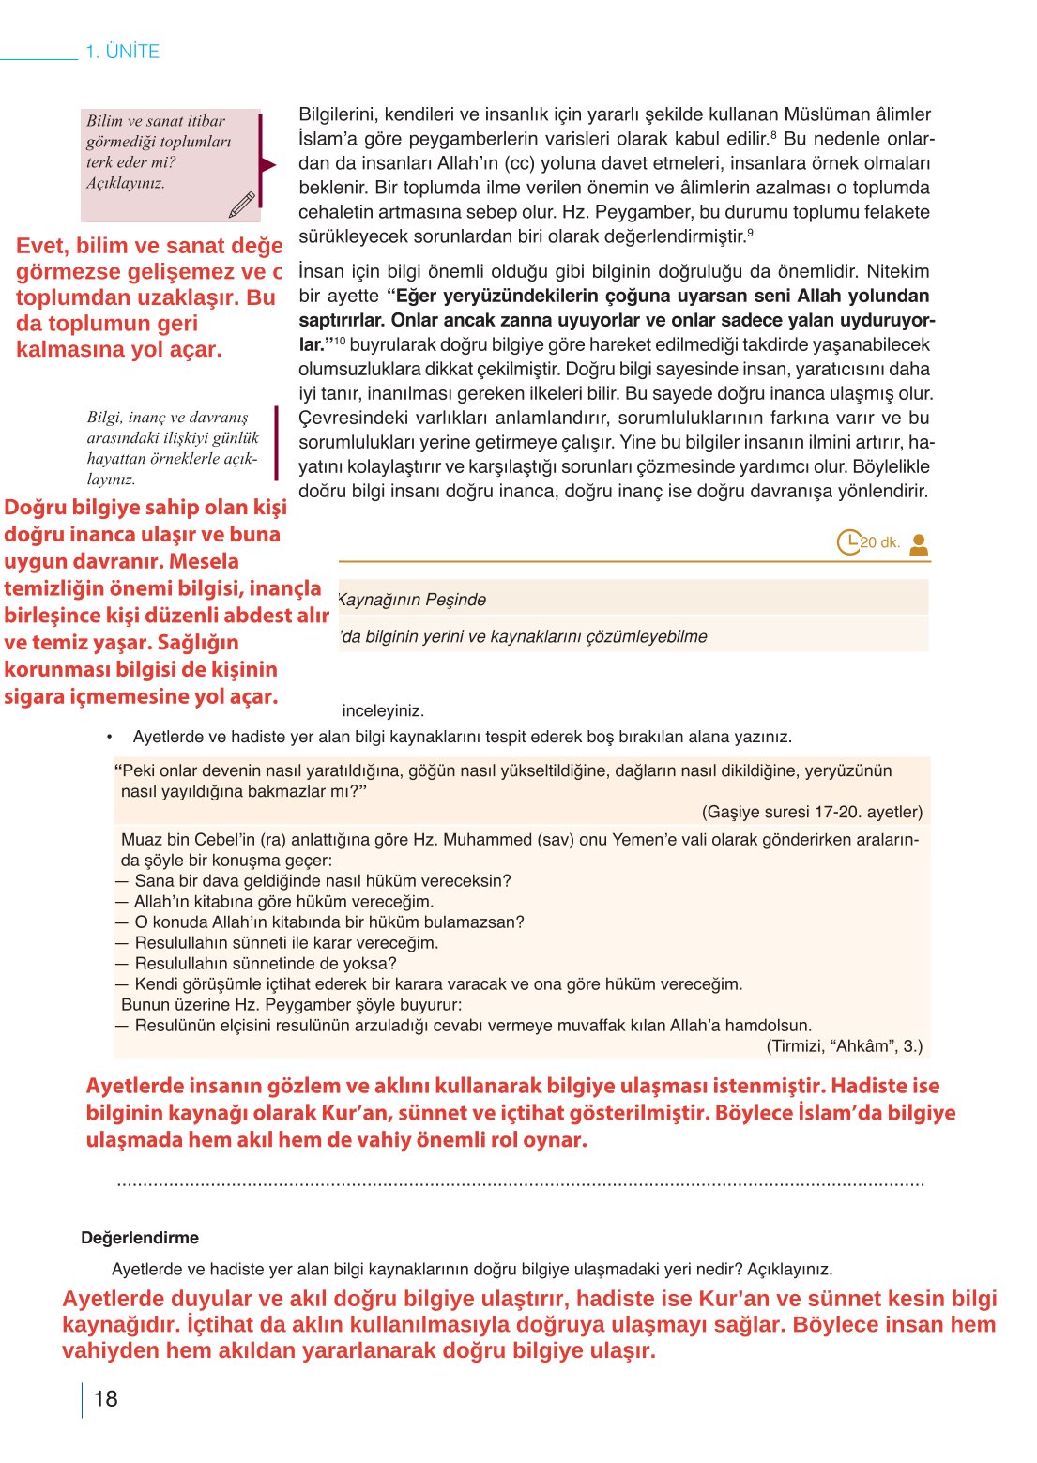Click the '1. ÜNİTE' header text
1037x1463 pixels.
(122, 52)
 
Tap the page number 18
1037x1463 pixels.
(106, 1399)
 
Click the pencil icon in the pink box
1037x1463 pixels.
(241, 205)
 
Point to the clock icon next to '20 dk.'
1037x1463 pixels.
(847, 542)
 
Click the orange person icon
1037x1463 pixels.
(919, 544)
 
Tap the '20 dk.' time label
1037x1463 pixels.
(881, 542)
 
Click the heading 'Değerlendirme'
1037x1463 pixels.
(140, 1238)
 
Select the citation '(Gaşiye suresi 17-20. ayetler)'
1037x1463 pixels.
(812, 812)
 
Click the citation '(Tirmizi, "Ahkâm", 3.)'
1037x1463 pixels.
(844, 1045)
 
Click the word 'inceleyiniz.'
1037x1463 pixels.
(383, 710)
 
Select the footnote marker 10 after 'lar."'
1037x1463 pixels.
(340, 341)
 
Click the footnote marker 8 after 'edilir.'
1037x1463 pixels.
(772, 136)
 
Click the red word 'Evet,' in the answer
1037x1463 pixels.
(42, 246)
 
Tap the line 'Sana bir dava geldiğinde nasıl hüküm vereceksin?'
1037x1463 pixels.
(322, 881)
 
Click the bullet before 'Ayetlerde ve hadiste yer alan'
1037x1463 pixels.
(110, 737)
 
